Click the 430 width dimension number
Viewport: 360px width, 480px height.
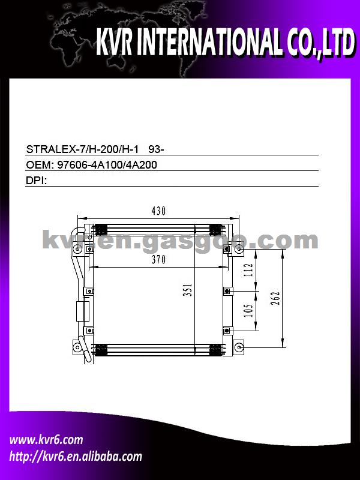[158, 211]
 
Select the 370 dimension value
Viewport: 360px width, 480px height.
[158, 260]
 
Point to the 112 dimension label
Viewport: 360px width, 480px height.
[249, 269]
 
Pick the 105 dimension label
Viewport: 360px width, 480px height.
[248, 310]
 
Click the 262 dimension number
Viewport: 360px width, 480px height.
[275, 299]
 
